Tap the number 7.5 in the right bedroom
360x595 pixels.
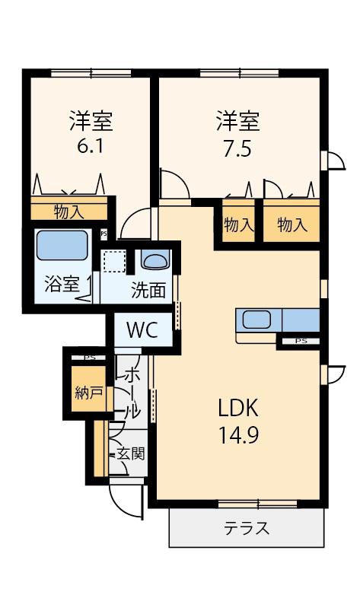pyautogui.click(x=237, y=148)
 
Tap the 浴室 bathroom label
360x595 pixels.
pyautogui.click(x=61, y=285)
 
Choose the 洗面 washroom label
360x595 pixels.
pyautogui.click(x=148, y=289)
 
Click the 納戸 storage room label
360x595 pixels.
pyautogui.click(x=88, y=393)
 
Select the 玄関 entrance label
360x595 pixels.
pyautogui.click(x=130, y=453)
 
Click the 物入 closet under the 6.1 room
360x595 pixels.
pyautogui.click(x=68, y=211)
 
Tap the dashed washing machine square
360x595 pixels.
pyautogui.click(x=115, y=261)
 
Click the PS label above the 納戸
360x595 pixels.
pyautogui.click(x=90, y=356)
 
